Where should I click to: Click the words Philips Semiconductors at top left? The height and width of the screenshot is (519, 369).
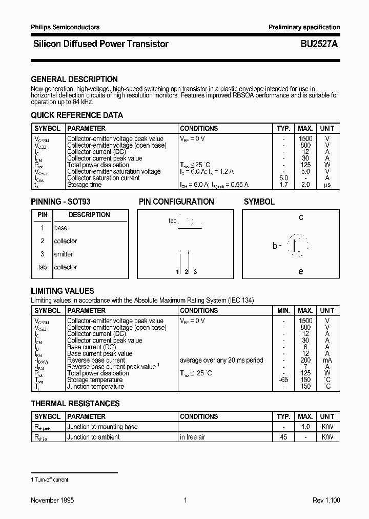(x=65, y=27)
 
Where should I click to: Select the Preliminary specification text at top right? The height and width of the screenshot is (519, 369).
(x=304, y=27)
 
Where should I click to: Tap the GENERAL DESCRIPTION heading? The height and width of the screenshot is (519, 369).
(x=74, y=79)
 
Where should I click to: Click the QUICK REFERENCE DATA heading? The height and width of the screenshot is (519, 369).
(x=77, y=115)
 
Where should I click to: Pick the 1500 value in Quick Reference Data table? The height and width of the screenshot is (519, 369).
(x=305, y=138)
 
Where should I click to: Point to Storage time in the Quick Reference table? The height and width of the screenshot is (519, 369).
(x=85, y=185)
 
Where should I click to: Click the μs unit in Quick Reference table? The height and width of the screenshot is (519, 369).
(x=327, y=185)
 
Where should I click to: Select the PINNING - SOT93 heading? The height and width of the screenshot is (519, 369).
(x=60, y=202)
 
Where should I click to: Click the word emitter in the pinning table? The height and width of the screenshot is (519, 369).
(x=64, y=254)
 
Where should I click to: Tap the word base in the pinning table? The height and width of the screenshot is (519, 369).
(x=60, y=228)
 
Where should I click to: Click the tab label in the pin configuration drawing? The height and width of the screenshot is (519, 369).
(x=172, y=221)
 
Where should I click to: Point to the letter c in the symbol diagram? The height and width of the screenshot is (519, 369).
(x=301, y=217)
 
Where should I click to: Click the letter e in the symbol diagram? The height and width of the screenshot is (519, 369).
(x=301, y=271)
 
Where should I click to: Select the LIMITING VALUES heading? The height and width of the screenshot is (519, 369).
(x=63, y=291)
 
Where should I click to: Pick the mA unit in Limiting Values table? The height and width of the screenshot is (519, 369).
(x=327, y=360)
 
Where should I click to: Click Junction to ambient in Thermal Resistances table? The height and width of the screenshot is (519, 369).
(x=93, y=437)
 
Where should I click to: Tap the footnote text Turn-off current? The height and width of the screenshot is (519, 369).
(x=52, y=480)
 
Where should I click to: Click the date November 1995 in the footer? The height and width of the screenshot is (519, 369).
(x=52, y=500)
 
